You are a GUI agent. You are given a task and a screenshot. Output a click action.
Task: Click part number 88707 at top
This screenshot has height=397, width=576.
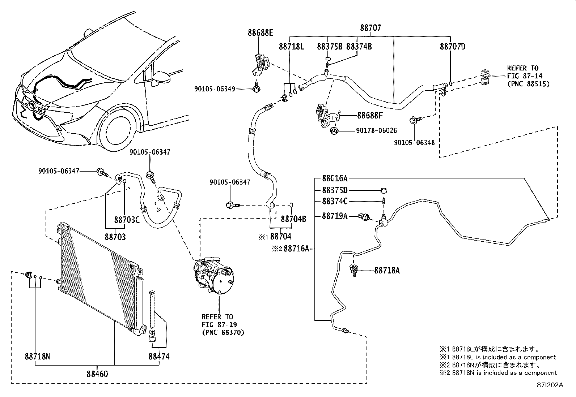click(370, 28)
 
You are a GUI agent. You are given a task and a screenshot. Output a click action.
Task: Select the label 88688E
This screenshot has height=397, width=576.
click(260, 33)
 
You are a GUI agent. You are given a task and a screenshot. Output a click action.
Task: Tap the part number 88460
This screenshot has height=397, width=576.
click(97, 374)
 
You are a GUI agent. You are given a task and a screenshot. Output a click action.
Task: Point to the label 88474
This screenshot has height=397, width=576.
click(159, 357)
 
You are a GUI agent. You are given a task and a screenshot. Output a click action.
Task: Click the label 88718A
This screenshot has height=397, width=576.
click(387, 270)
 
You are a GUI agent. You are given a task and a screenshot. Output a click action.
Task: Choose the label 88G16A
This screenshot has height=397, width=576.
click(335, 178)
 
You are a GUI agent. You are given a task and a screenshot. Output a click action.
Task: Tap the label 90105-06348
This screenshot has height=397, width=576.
click(414, 143)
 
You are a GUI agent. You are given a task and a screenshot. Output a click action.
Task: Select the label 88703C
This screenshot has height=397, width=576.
click(127, 220)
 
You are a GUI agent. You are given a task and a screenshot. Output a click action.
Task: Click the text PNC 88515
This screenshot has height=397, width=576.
click(528, 84)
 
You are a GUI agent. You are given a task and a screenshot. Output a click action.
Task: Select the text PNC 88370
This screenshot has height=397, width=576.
click(223, 332)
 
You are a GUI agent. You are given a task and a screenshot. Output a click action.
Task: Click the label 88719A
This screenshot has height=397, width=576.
click(335, 216)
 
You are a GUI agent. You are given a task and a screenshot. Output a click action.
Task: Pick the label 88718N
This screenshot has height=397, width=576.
click(38, 357)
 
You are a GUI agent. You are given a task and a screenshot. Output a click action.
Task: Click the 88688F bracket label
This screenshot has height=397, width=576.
click(370, 116)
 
